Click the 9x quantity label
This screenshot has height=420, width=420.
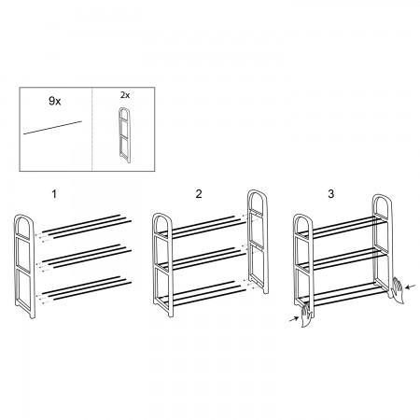click(55, 101)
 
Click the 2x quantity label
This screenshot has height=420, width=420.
click(125, 95)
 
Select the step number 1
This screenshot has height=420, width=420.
click(54, 194)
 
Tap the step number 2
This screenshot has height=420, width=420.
click(199, 194)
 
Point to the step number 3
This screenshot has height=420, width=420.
click(330, 194)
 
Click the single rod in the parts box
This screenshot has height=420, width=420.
click(52, 128)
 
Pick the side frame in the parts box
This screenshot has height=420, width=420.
click(124, 135)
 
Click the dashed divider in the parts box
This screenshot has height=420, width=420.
click(92, 129)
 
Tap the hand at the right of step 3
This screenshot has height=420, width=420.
click(398, 290)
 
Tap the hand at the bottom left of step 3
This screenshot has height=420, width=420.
click(306, 315)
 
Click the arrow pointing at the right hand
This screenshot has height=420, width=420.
click(411, 287)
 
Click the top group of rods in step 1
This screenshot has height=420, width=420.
click(87, 227)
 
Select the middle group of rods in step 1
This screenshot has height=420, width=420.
click(87, 257)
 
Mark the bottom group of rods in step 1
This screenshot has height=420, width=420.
click(87, 288)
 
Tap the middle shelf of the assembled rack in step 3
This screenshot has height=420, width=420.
click(343, 259)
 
